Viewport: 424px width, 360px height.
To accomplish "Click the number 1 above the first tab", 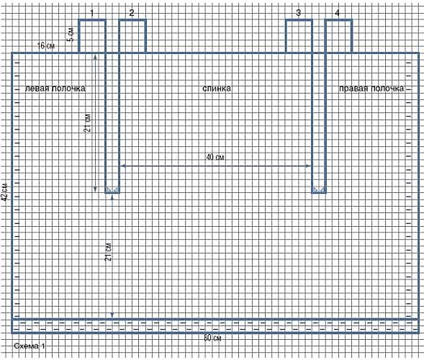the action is tap(92, 13).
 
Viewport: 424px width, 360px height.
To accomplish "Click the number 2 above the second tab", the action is tap(132, 13).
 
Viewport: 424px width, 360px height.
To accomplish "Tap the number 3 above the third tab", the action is tap(298, 13).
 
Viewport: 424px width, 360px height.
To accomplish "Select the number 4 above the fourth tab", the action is tap(337, 13).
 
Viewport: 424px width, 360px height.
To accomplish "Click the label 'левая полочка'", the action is tap(55, 89).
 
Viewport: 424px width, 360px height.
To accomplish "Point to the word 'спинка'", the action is tap(217, 89).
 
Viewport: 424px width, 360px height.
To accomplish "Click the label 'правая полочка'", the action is tap(371, 89).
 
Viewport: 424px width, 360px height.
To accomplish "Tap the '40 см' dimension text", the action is tap(215, 157).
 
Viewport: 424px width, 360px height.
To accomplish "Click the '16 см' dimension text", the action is tap(45, 45).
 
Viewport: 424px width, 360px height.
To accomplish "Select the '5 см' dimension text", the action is tap(71, 34).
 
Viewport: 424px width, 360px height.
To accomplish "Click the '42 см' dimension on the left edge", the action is tap(4, 192).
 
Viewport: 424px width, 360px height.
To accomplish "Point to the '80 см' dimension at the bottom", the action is tap(212, 338).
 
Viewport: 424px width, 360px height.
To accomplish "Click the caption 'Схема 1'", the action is tap(30, 346).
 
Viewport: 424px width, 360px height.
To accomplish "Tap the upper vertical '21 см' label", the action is tap(88, 123).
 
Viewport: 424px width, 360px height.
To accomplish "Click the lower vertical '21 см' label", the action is tap(108, 251).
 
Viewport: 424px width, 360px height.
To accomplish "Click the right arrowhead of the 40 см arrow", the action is tap(308, 166).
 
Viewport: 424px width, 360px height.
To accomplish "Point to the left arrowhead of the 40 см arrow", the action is tap(123, 166).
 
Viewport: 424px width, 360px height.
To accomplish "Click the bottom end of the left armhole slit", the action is tap(112, 192).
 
